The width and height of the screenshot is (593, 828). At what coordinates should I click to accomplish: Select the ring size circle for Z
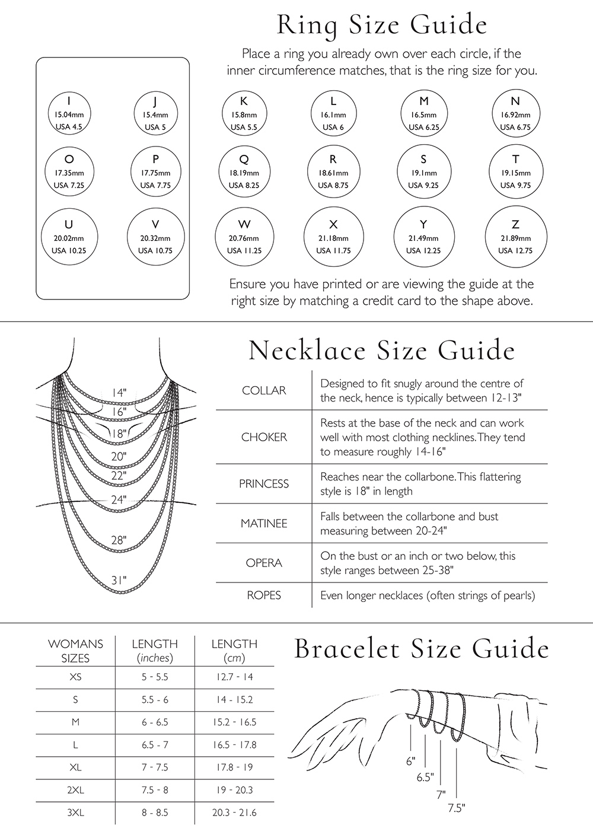click(515, 237)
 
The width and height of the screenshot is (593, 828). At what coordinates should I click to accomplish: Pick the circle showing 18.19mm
click(244, 172)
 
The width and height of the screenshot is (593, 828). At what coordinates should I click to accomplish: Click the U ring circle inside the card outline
click(69, 237)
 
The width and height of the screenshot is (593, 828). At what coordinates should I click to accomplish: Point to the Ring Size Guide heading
click(382, 25)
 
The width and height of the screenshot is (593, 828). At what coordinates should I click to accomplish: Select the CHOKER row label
click(264, 437)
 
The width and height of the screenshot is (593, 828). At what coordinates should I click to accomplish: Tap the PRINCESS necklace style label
click(264, 484)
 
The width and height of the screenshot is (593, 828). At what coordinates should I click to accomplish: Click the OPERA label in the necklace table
click(264, 563)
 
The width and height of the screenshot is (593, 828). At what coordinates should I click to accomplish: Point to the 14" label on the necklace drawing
click(119, 393)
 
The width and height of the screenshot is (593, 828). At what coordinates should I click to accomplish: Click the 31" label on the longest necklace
click(119, 579)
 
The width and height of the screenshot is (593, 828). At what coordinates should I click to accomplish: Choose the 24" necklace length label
click(119, 499)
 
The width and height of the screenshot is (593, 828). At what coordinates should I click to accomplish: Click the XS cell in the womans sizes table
click(75, 677)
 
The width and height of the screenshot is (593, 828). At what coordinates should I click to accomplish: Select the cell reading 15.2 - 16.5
click(235, 722)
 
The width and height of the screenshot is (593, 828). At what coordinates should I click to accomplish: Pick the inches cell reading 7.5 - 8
click(155, 789)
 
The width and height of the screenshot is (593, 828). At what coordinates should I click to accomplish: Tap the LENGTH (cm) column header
click(235, 650)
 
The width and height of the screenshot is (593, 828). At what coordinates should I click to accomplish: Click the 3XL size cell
click(75, 812)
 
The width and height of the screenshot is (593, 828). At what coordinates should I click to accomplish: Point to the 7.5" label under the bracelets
click(456, 807)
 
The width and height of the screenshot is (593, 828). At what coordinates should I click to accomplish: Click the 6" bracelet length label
click(410, 761)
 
